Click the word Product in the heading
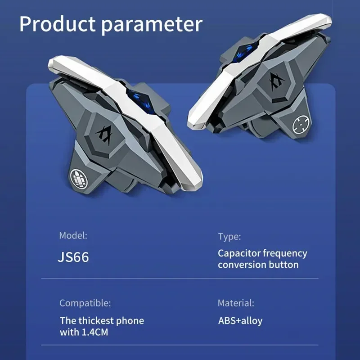pyautogui.click(x=57, y=24)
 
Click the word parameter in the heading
pyautogui.click(x=152, y=25)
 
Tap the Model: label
pyautogui.click(x=73, y=235)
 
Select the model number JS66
pyautogui.click(x=73, y=257)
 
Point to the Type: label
pyautogui.click(x=229, y=237)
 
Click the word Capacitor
pyautogui.click(x=239, y=253)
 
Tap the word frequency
pyautogui.click(x=285, y=254)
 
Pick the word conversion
pyautogui.click(x=242, y=265)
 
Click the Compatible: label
pyautogui.click(x=85, y=303)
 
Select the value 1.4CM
pyautogui.click(x=95, y=332)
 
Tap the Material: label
pyautogui.click(x=236, y=303)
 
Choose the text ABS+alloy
pyautogui.click(x=240, y=321)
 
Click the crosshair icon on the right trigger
pyautogui.click(x=301, y=125)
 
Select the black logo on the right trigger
pyautogui.click(x=276, y=81)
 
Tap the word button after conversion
pyautogui.click(x=284, y=265)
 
